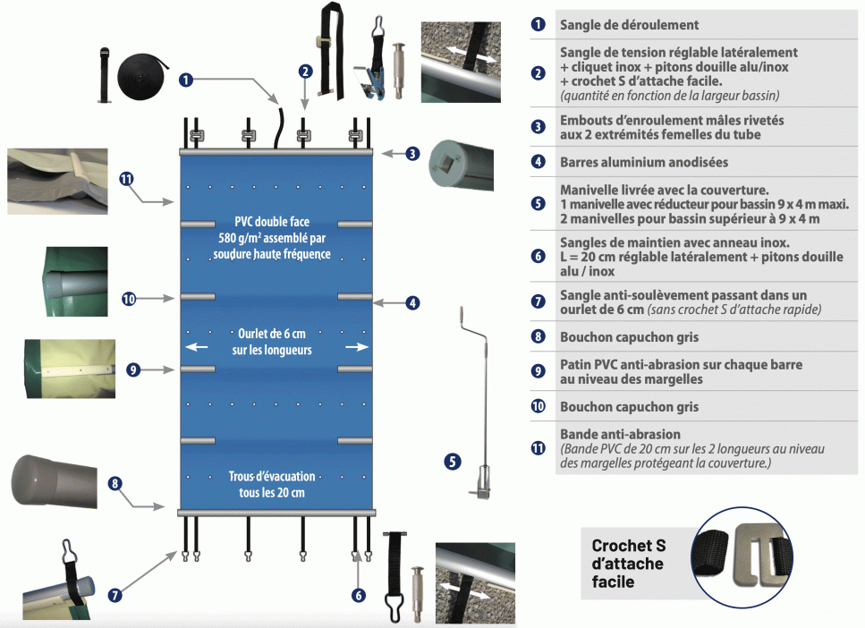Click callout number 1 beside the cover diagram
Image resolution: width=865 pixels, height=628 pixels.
click(x=186, y=80)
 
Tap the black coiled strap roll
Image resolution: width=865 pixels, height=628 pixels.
click(x=144, y=71)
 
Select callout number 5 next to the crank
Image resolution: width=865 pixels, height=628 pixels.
click(x=453, y=462)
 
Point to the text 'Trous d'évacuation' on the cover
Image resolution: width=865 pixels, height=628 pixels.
click(x=271, y=477)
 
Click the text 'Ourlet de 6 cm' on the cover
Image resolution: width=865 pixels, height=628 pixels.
click(x=272, y=334)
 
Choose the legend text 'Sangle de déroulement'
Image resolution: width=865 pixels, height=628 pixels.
click(x=630, y=24)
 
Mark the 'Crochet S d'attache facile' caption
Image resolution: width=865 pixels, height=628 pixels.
click(x=628, y=563)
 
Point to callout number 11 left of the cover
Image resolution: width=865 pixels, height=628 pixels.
click(x=126, y=178)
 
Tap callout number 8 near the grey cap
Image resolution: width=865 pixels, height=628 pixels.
click(x=114, y=484)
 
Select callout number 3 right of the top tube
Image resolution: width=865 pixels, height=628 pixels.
click(x=411, y=153)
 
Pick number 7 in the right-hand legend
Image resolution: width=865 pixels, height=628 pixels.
click(x=538, y=302)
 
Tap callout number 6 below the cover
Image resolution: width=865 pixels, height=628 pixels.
click(x=359, y=595)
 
